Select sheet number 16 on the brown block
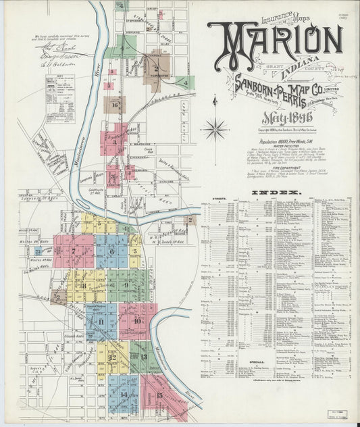click(x=115, y=105)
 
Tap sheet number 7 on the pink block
click(x=73, y=251)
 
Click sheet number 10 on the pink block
click(x=137, y=320)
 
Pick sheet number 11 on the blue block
click(x=101, y=322)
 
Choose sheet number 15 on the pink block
click(x=159, y=395)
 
